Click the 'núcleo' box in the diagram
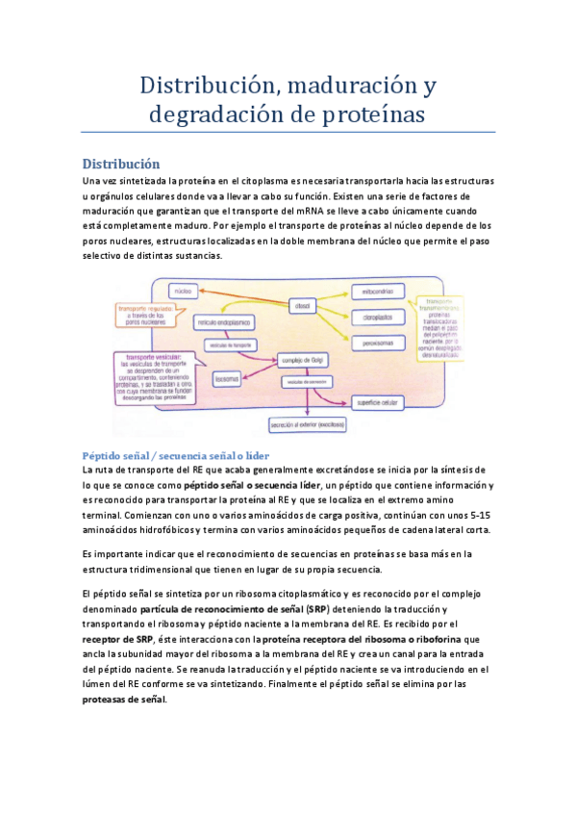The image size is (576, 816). (182, 290)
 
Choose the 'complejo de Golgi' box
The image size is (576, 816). (300, 361)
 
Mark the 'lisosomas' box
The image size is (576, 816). (226, 378)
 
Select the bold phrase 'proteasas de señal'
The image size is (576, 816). (124, 700)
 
